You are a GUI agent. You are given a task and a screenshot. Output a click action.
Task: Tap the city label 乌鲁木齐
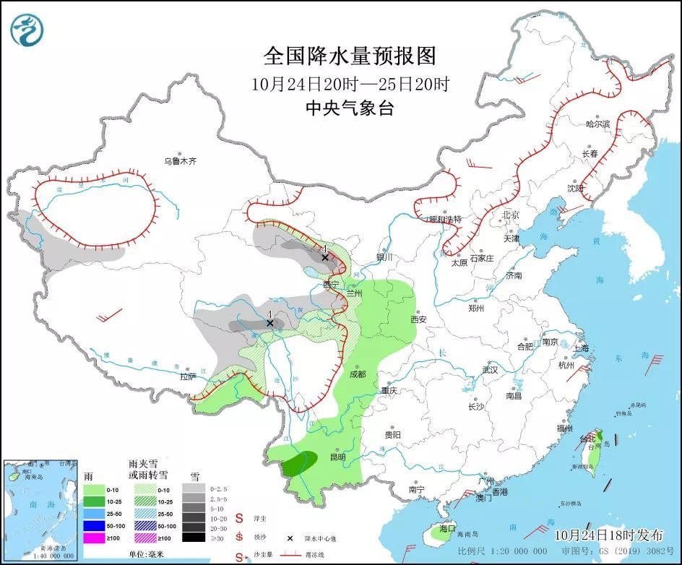pos(179,162)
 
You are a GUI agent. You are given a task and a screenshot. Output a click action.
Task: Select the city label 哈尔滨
pos(597,124)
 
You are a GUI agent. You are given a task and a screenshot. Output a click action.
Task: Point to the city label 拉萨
pos(188,376)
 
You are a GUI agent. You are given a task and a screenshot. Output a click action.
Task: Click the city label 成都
pos(357,374)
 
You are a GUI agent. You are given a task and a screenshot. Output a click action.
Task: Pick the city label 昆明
pos(337,457)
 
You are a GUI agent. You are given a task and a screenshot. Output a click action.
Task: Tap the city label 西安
pos(419,319)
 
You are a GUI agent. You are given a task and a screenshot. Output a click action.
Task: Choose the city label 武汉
pos(491,370)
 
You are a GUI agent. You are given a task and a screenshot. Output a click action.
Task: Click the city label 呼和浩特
pos(445,219)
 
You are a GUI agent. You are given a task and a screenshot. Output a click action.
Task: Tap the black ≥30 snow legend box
pos(193,538)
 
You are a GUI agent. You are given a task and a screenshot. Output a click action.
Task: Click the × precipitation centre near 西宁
pos(325,257)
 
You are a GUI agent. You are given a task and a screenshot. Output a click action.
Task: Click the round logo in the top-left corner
pos(27,30)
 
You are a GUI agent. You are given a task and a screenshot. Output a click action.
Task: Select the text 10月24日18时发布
pos(608,535)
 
